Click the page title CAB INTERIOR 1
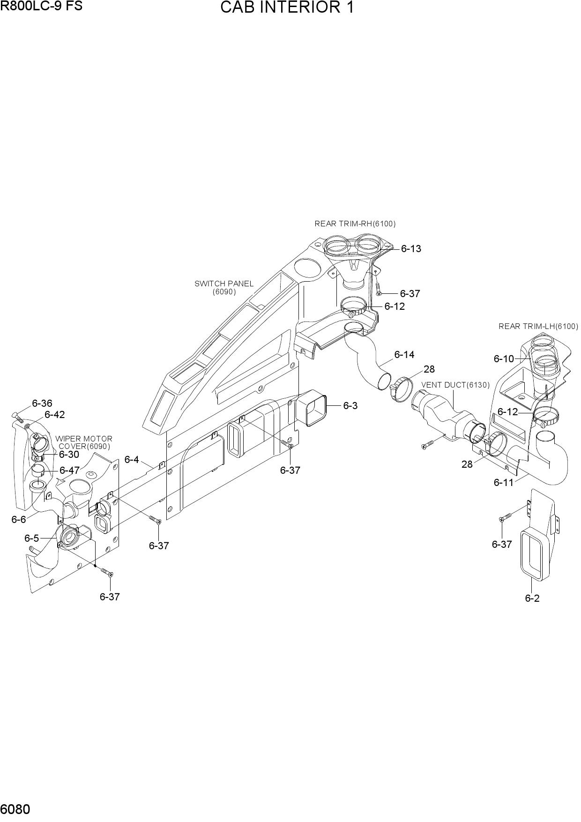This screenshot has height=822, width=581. click(x=287, y=8)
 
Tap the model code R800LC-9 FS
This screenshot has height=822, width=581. click(x=41, y=6)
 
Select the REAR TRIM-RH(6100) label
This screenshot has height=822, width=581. click(x=355, y=224)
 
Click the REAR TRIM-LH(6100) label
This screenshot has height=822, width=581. click(x=538, y=326)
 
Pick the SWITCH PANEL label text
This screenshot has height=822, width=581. click(x=224, y=284)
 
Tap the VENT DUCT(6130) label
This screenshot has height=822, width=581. click(x=455, y=385)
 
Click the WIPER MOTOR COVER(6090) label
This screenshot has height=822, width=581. click(x=84, y=442)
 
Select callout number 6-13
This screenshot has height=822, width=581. click(x=411, y=249)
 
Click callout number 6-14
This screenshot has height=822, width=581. click(x=404, y=355)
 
